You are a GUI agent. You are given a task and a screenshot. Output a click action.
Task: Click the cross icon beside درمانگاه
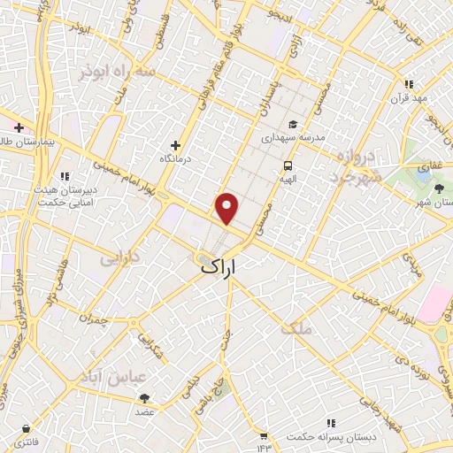pyautogui.click(x=175, y=145)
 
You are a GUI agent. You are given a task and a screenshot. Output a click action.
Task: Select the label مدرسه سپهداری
pyautogui.click(x=292, y=138)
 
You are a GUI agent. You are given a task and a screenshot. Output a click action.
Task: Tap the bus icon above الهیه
pyautogui.click(x=288, y=166)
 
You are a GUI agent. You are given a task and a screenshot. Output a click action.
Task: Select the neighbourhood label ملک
pyautogui.click(x=296, y=328)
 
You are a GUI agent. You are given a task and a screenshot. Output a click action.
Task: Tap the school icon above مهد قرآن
pyautogui.click(x=408, y=84)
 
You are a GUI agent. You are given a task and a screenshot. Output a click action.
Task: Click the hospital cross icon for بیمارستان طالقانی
pyautogui.click(x=17, y=127)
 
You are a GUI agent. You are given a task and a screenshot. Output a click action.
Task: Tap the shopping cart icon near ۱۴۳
pyautogui.click(x=263, y=434)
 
